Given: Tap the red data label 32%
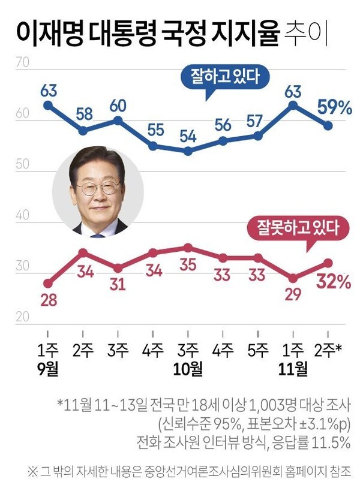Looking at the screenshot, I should coord(334,281).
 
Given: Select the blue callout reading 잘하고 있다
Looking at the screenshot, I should coord(221,77).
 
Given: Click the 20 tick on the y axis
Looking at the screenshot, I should coord(23,318).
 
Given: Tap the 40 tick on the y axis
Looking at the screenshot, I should coord(23,215).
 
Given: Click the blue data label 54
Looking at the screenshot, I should coord(188,135).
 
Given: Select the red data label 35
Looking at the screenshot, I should coord(188,265).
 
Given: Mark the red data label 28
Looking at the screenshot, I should coord(48,300).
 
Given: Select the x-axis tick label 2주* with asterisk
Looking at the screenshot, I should coord(330,350).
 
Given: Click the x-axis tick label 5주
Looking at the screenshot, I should coord(258,350).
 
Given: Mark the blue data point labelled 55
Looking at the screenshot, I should coord(153,146).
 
